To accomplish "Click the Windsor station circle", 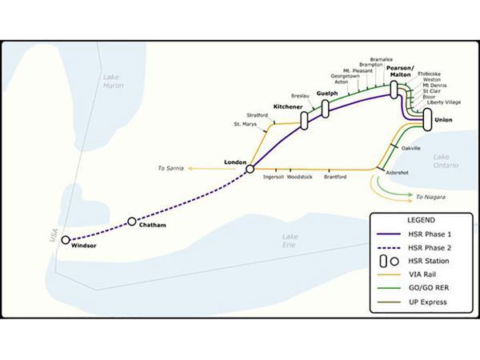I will click(65, 239).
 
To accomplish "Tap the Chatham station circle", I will click(132, 222).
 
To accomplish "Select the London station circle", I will click(250, 169).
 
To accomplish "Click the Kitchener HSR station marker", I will click(304, 120).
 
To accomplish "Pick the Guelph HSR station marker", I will click(326, 110).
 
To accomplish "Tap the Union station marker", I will click(427, 120).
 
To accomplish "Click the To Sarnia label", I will click(171, 169).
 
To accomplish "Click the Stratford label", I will click(258, 115).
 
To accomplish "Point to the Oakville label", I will click(410, 148).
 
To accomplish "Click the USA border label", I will click(54, 237).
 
